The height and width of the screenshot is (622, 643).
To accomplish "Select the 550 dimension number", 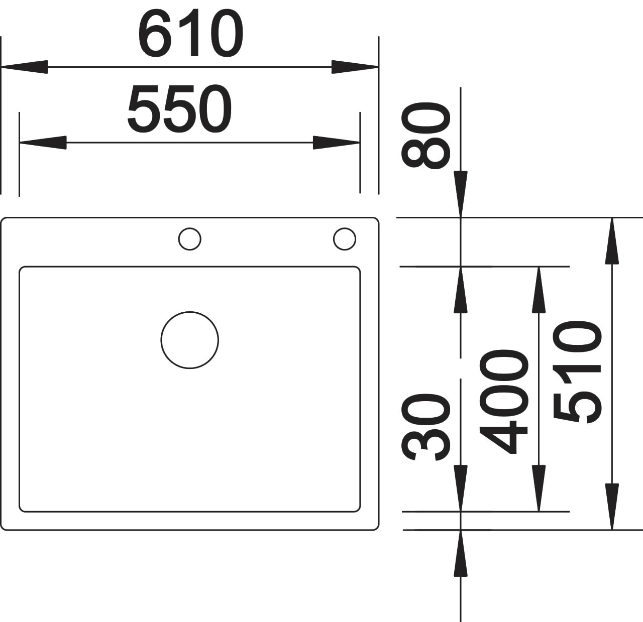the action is click(179, 108).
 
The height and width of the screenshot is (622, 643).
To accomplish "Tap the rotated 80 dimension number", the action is click(426, 136).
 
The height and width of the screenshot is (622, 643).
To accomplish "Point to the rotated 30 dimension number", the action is click(426, 427).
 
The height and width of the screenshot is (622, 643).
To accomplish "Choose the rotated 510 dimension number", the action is click(577, 372).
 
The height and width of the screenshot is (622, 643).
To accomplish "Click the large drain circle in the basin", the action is click(190, 340).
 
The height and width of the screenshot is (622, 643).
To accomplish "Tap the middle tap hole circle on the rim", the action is click(190, 239).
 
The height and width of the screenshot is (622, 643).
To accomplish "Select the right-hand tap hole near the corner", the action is click(345, 239).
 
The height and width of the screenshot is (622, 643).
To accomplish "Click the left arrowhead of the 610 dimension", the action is click(25, 67).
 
